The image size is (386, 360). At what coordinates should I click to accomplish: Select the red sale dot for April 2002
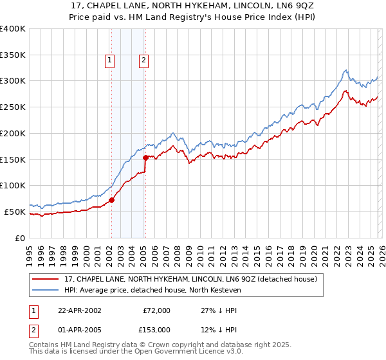[x=112, y=200]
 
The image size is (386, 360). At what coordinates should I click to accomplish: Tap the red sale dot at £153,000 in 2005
[x=145, y=157]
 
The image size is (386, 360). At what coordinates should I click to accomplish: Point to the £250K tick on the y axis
[x=13, y=107]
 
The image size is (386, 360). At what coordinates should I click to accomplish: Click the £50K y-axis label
[x=15, y=212]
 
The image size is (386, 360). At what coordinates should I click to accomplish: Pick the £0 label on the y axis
[x=21, y=238]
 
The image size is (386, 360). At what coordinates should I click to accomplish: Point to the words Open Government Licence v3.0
[x=192, y=352]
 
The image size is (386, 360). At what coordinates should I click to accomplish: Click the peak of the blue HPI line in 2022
[x=345, y=70]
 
